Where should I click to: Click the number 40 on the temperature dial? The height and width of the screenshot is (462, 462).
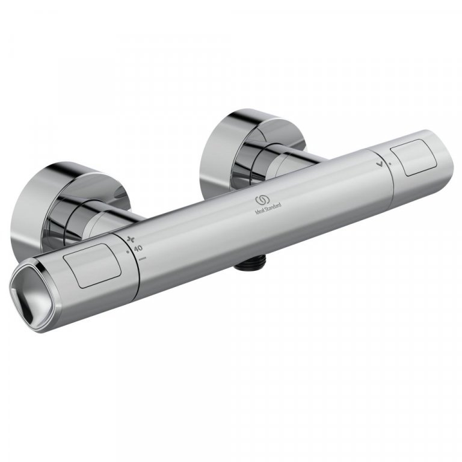(138, 248)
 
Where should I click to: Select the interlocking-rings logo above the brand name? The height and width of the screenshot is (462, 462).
(262, 199)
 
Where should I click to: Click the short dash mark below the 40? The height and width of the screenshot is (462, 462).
(143, 259)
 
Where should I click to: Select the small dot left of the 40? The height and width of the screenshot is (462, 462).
(128, 251)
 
